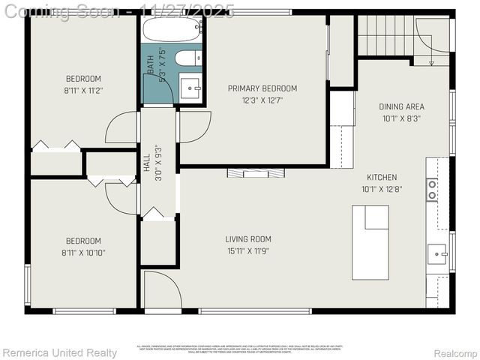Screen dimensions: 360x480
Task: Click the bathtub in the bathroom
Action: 172,30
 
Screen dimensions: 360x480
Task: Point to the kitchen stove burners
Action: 432,190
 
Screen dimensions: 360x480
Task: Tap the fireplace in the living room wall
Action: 256,172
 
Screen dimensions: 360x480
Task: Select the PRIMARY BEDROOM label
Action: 262,88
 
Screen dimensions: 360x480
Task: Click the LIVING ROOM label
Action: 247,240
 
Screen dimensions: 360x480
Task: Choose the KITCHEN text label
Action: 379,178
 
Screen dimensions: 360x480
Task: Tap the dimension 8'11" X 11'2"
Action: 83,90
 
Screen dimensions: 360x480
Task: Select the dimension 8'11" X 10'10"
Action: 83,253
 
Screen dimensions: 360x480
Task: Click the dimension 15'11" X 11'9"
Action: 247,251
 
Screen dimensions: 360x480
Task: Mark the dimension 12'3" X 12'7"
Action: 262,100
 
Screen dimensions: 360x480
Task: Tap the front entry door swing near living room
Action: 160,292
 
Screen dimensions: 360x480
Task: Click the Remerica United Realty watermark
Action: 60,352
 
